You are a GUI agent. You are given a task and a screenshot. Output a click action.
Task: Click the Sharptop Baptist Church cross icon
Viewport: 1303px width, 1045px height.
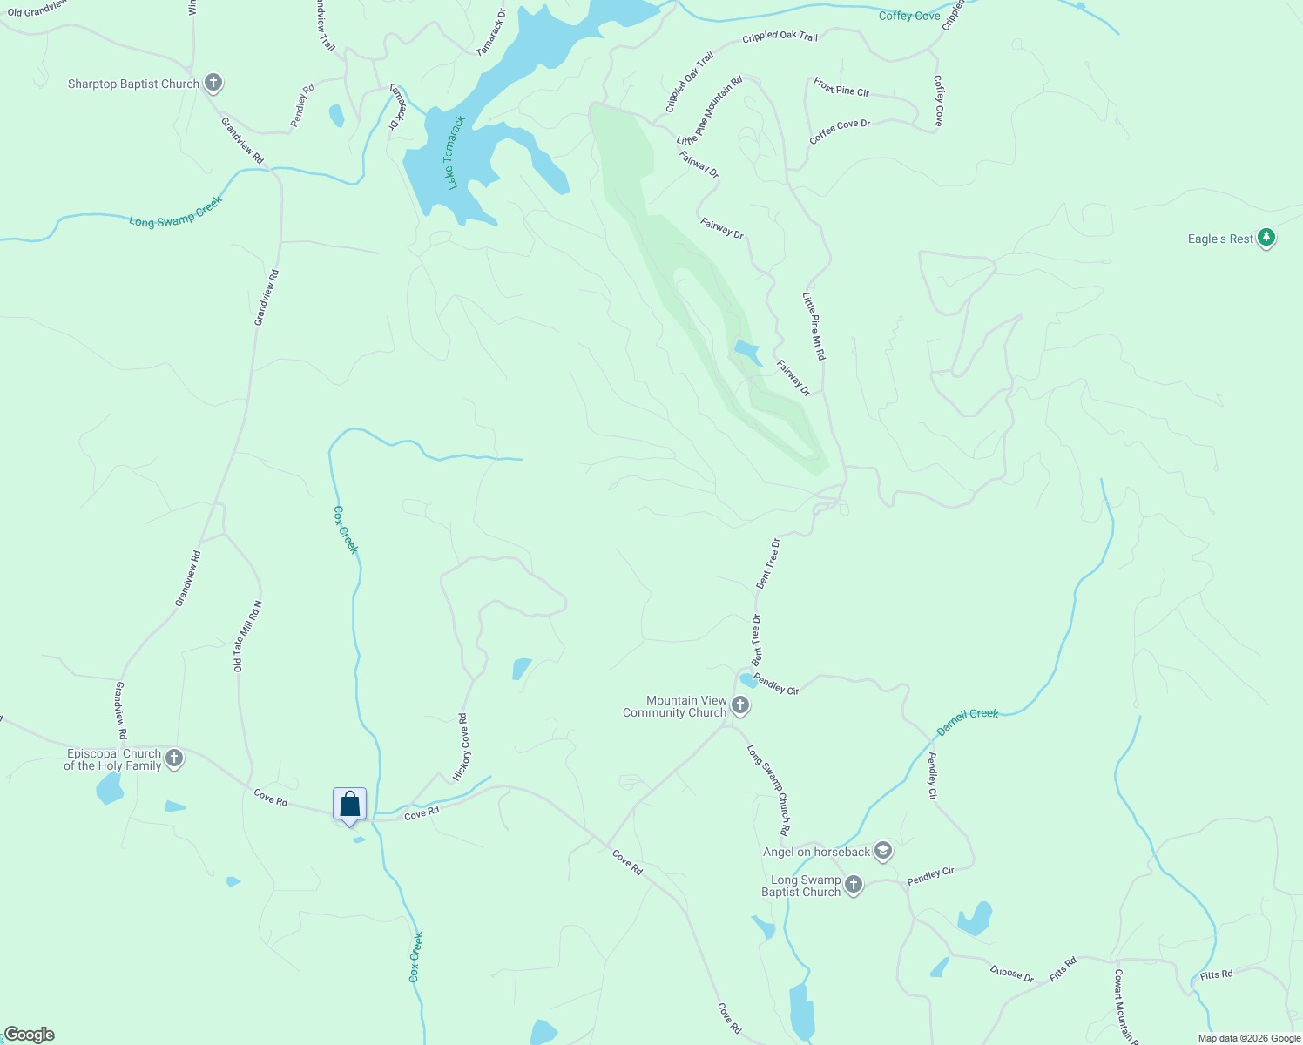coord(213,84)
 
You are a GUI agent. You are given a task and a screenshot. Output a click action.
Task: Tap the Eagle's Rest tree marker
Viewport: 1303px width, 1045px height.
coord(1266,238)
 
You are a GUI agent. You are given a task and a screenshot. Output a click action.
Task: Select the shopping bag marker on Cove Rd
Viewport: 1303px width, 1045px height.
coord(349,805)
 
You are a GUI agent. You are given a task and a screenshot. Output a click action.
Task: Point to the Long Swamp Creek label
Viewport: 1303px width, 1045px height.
coord(176,212)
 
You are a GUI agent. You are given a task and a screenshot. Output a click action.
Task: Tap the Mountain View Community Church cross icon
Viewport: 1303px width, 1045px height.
coord(740,705)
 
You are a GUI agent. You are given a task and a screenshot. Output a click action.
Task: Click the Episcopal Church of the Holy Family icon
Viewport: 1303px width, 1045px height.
coord(174,758)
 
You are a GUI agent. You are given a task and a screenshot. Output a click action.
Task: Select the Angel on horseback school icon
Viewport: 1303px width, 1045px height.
coord(883,851)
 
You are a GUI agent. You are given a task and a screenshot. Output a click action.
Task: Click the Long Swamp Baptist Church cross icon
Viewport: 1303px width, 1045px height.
coord(854,885)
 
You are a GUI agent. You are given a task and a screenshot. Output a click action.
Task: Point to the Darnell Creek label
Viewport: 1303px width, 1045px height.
coord(967,720)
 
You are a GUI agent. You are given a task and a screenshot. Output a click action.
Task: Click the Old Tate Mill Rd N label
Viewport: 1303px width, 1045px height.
coord(247,636)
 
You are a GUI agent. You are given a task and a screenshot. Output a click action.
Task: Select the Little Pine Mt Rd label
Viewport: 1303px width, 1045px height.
coord(814,327)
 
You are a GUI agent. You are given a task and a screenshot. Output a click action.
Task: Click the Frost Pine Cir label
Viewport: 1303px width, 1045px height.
coord(841,87)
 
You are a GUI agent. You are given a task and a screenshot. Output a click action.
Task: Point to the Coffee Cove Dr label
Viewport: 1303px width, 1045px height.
coord(840,131)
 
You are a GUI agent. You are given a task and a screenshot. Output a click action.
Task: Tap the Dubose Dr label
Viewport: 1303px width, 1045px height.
coord(1012,974)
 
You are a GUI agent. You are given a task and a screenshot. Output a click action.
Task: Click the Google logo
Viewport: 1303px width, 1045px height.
coord(29,1035)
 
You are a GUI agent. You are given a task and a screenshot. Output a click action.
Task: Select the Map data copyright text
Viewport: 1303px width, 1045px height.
coord(1249,1038)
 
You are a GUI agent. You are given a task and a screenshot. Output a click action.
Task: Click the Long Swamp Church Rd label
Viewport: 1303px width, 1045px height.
coord(768,789)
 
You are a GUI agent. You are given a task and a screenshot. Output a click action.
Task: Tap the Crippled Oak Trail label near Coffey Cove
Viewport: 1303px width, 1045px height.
coord(780,37)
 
